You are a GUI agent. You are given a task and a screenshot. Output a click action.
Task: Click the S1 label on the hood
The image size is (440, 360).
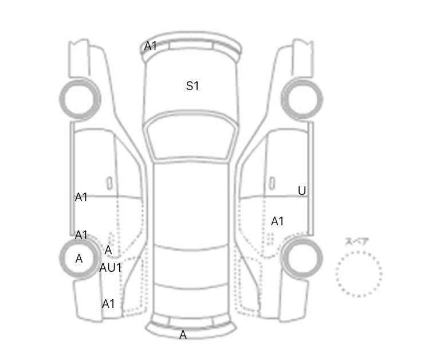pos(192,86)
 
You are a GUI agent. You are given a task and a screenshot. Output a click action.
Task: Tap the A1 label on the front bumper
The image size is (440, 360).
pos(150,46)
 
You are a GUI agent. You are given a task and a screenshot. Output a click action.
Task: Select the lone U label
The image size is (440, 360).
pos(302,191)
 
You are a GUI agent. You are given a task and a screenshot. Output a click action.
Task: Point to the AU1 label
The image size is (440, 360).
pos(110,268)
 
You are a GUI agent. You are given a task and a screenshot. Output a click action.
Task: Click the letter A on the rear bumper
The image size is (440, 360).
pos(183,335)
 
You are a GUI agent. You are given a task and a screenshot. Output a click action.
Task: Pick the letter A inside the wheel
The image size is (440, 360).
pos(79,259)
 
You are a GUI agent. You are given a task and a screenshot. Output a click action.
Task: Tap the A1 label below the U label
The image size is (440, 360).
pos(277,221)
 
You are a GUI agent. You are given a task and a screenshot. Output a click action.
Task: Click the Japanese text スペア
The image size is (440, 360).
pos(357,241)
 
